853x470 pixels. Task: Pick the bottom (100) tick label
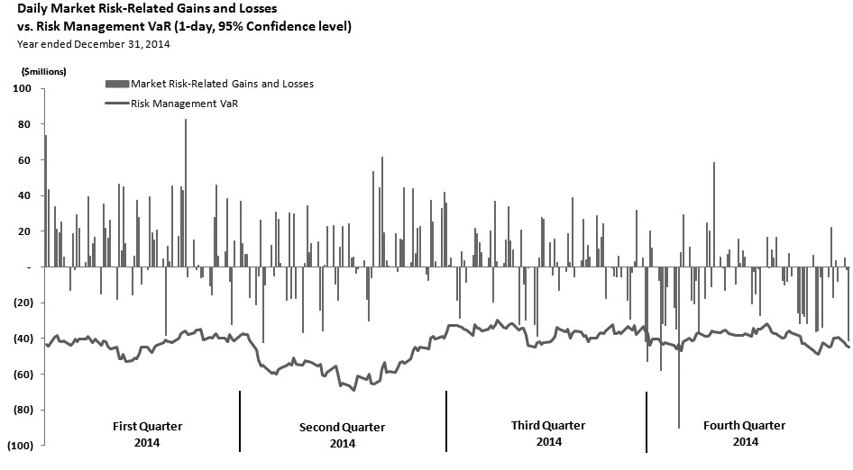pyautogui.click(x=20, y=446)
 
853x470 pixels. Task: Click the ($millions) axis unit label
pyautogui.click(x=36, y=70)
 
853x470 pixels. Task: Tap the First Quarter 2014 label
pyautogui.click(x=146, y=433)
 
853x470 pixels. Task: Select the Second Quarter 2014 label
pyautogui.click(x=342, y=434)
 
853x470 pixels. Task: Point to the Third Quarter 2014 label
pyautogui.click(x=548, y=433)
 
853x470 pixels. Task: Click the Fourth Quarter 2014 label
pyautogui.click(x=744, y=433)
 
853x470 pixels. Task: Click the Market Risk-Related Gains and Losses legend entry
pyautogui.click(x=222, y=84)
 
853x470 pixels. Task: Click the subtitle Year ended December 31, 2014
pyautogui.click(x=94, y=43)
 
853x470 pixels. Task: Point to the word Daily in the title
pyautogui.click(x=32, y=9)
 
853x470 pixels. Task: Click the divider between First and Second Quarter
pyautogui.click(x=240, y=420)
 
